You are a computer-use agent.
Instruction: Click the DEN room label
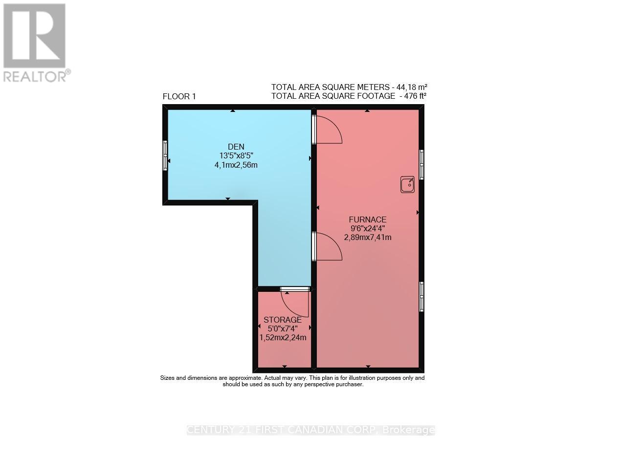click(x=236, y=147)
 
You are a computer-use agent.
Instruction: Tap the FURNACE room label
click(x=368, y=219)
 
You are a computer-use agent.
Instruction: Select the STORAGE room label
click(x=283, y=320)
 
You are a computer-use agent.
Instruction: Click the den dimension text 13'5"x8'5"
click(x=236, y=156)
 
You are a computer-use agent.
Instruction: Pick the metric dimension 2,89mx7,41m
click(x=368, y=238)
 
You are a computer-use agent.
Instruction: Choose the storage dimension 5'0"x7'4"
click(x=283, y=329)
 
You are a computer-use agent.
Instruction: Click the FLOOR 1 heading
click(x=179, y=97)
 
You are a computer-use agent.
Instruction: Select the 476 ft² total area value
click(x=413, y=96)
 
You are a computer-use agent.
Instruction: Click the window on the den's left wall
click(x=165, y=155)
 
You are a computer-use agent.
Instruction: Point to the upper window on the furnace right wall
click(x=421, y=165)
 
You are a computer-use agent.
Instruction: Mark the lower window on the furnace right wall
click(x=421, y=296)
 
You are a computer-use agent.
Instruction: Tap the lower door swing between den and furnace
click(x=328, y=246)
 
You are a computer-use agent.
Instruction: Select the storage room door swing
click(x=296, y=303)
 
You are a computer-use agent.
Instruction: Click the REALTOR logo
click(x=35, y=42)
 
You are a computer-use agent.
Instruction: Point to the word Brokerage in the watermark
click(x=408, y=430)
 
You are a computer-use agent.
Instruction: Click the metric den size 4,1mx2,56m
click(x=236, y=165)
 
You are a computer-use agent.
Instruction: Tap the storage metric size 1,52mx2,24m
click(x=283, y=337)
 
